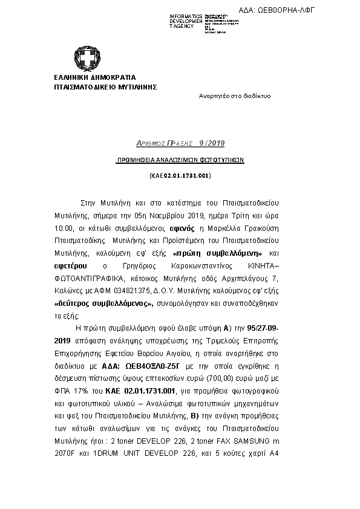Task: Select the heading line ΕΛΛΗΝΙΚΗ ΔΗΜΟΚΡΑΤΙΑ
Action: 95,77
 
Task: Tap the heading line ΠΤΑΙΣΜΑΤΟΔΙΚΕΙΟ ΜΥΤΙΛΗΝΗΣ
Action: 105,87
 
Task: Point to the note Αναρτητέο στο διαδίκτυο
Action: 235,96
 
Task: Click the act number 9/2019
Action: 211,143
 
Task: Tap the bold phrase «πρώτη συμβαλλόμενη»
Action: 216,253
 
